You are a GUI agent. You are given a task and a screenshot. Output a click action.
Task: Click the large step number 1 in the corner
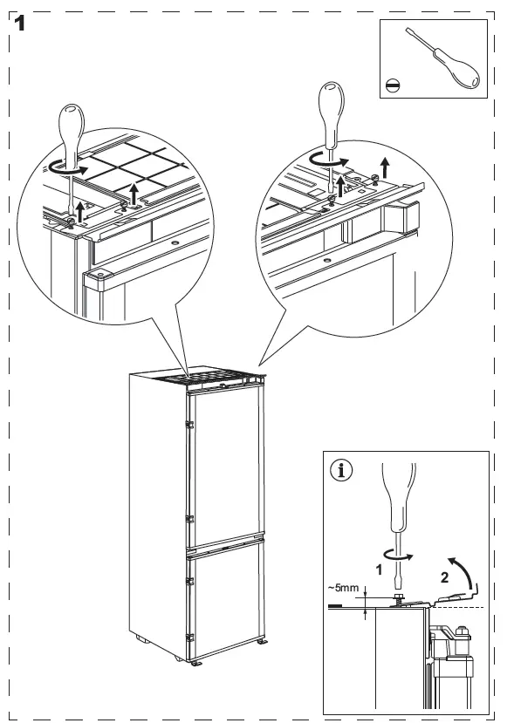point(19,23)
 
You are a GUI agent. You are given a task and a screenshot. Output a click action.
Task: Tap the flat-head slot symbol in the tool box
point(393,85)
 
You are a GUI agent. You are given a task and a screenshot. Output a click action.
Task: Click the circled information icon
point(341,470)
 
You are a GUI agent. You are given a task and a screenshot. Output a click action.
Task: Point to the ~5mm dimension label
point(343,588)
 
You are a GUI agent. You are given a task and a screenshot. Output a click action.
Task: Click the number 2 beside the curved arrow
point(444,577)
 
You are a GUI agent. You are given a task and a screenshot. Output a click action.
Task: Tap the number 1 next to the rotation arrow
point(379,570)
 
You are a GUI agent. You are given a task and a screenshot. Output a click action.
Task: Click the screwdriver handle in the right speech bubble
point(332,115)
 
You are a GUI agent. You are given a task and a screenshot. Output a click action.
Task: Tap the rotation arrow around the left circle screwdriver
point(67,169)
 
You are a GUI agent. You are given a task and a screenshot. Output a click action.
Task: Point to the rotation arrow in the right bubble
point(327,160)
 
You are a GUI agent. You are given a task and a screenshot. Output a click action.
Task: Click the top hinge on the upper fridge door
point(189,424)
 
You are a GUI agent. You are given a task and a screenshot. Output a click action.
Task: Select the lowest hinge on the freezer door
point(189,638)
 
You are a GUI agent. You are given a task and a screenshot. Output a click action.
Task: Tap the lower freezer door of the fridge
point(226,598)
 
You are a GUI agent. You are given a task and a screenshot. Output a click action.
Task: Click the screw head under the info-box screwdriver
point(398,598)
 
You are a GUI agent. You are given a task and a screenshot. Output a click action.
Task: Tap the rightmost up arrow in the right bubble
point(384,167)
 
